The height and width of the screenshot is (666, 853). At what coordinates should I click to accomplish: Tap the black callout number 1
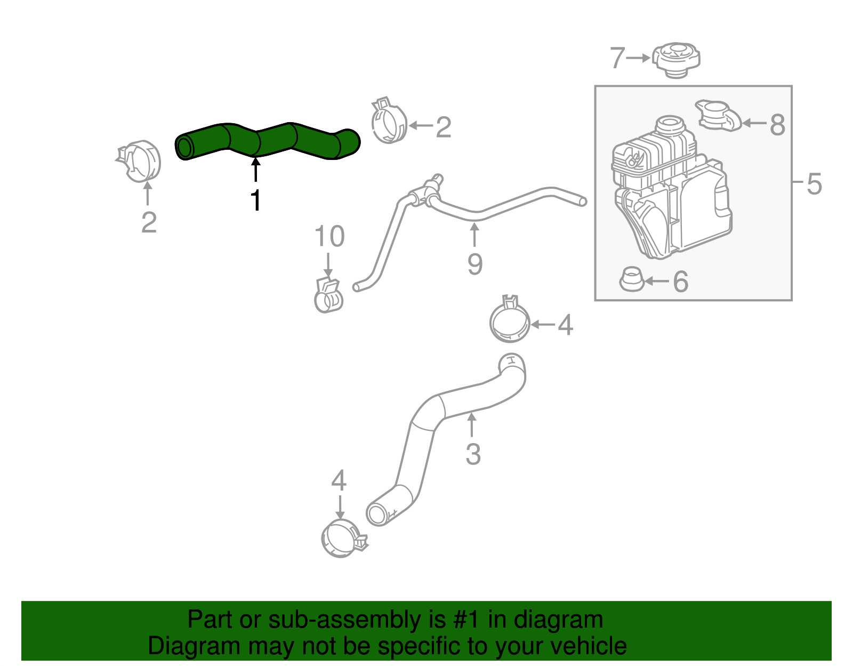click(x=256, y=200)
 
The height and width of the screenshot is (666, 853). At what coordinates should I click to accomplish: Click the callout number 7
click(x=617, y=58)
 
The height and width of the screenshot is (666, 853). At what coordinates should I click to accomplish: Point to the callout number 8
click(x=778, y=125)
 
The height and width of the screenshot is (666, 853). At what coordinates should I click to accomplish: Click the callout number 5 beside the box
click(x=814, y=183)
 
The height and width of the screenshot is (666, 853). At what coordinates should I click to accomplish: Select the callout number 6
click(x=681, y=282)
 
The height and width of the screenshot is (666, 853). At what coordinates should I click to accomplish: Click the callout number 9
click(x=474, y=264)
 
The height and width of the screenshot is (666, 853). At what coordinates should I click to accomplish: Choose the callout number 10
click(x=329, y=236)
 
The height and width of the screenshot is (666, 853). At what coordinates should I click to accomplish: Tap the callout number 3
click(x=473, y=454)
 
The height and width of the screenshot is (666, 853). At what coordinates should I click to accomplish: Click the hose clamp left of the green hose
click(x=141, y=161)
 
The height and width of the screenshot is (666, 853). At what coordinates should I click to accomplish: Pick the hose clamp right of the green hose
click(x=389, y=122)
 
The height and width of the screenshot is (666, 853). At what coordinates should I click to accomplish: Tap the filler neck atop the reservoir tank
click(x=669, y=126)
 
